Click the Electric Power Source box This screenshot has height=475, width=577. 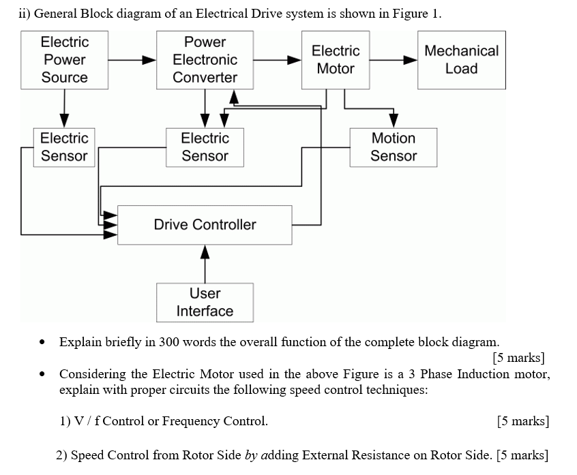(64, 60)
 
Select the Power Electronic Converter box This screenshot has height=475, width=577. (205, 60)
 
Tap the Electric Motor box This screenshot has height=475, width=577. (336, 60)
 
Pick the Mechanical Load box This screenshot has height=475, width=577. (461, 60)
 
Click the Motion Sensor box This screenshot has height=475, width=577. (393, 147)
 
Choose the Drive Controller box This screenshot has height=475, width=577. (205, 225)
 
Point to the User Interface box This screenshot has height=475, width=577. (205, 303)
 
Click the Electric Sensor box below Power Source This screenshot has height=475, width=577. (64, 147)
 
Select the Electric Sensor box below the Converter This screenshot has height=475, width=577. (205, 147)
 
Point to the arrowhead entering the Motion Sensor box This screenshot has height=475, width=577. (394, 121)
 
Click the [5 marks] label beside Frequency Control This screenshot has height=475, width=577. (523, 421)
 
